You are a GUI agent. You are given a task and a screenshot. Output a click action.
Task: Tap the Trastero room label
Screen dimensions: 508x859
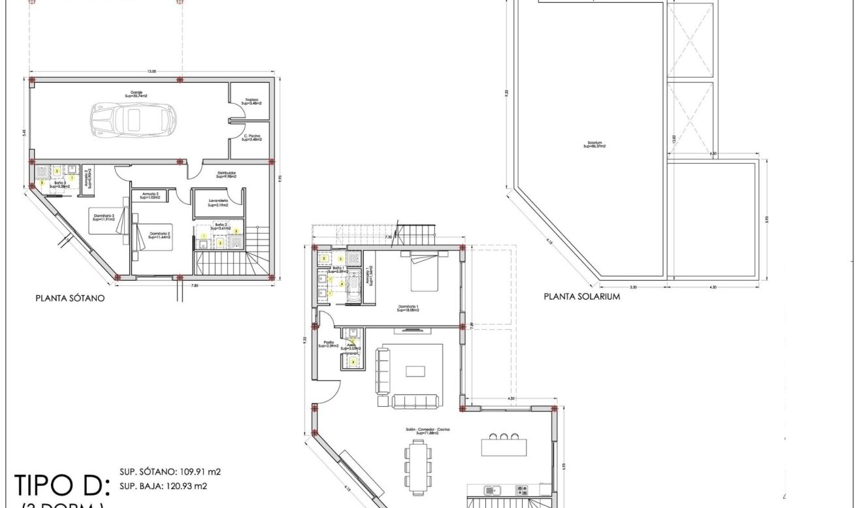(251, 101)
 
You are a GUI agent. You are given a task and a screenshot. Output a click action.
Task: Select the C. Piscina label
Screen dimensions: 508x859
(251, 137)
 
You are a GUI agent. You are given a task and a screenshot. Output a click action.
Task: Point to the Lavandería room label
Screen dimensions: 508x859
(218, 202)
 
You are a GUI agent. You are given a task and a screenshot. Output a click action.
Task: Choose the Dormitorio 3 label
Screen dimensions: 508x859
(103, 217)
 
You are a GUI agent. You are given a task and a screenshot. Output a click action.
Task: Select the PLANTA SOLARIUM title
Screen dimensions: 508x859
(582, 296)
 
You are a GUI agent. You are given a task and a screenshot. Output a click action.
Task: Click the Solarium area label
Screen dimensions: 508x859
(594, 145)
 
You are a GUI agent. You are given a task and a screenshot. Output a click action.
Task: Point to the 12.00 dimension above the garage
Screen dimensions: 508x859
(152, 71)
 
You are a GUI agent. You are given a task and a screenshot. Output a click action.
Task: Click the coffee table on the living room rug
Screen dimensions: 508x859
(415, 371)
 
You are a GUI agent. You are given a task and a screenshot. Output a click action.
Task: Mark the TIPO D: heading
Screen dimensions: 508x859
(59, 486)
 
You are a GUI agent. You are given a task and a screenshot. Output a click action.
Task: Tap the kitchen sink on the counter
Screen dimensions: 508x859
(490, 490)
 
